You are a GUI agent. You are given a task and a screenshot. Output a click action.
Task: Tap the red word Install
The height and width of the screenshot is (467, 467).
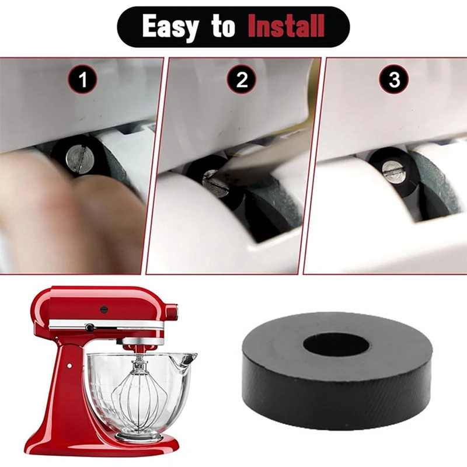click(x=285, y=26)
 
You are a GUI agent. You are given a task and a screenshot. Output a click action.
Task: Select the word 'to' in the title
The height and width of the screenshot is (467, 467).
click(x=225, y=27)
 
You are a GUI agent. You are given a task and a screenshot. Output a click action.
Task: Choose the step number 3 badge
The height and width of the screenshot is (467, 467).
click(x=395, y=79)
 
